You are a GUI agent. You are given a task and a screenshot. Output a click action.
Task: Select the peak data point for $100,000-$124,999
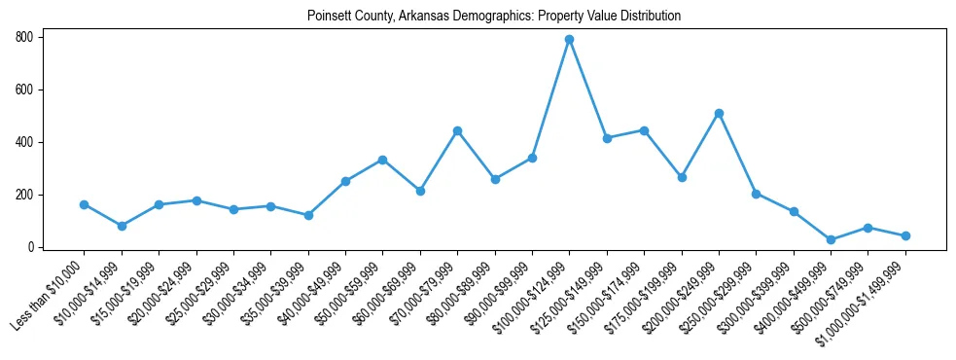coord(569,40)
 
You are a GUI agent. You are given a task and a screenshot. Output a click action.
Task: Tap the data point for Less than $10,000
coord(84,204)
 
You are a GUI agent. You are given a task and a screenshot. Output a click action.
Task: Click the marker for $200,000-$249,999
coord(719,113)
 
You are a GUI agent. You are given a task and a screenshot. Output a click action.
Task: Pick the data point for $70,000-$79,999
coord(457,130)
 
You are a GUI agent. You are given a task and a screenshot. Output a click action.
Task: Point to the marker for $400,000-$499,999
coord(831,239)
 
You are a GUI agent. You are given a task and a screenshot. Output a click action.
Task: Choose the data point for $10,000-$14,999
coord(122,226)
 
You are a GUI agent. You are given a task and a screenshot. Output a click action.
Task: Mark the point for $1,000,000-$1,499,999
coord(905,235)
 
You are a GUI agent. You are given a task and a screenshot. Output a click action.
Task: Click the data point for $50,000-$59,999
coord(383,160)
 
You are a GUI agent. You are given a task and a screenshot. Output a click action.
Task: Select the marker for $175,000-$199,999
coord(682,177)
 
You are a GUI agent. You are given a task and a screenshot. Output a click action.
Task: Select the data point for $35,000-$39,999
coord(308,215)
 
